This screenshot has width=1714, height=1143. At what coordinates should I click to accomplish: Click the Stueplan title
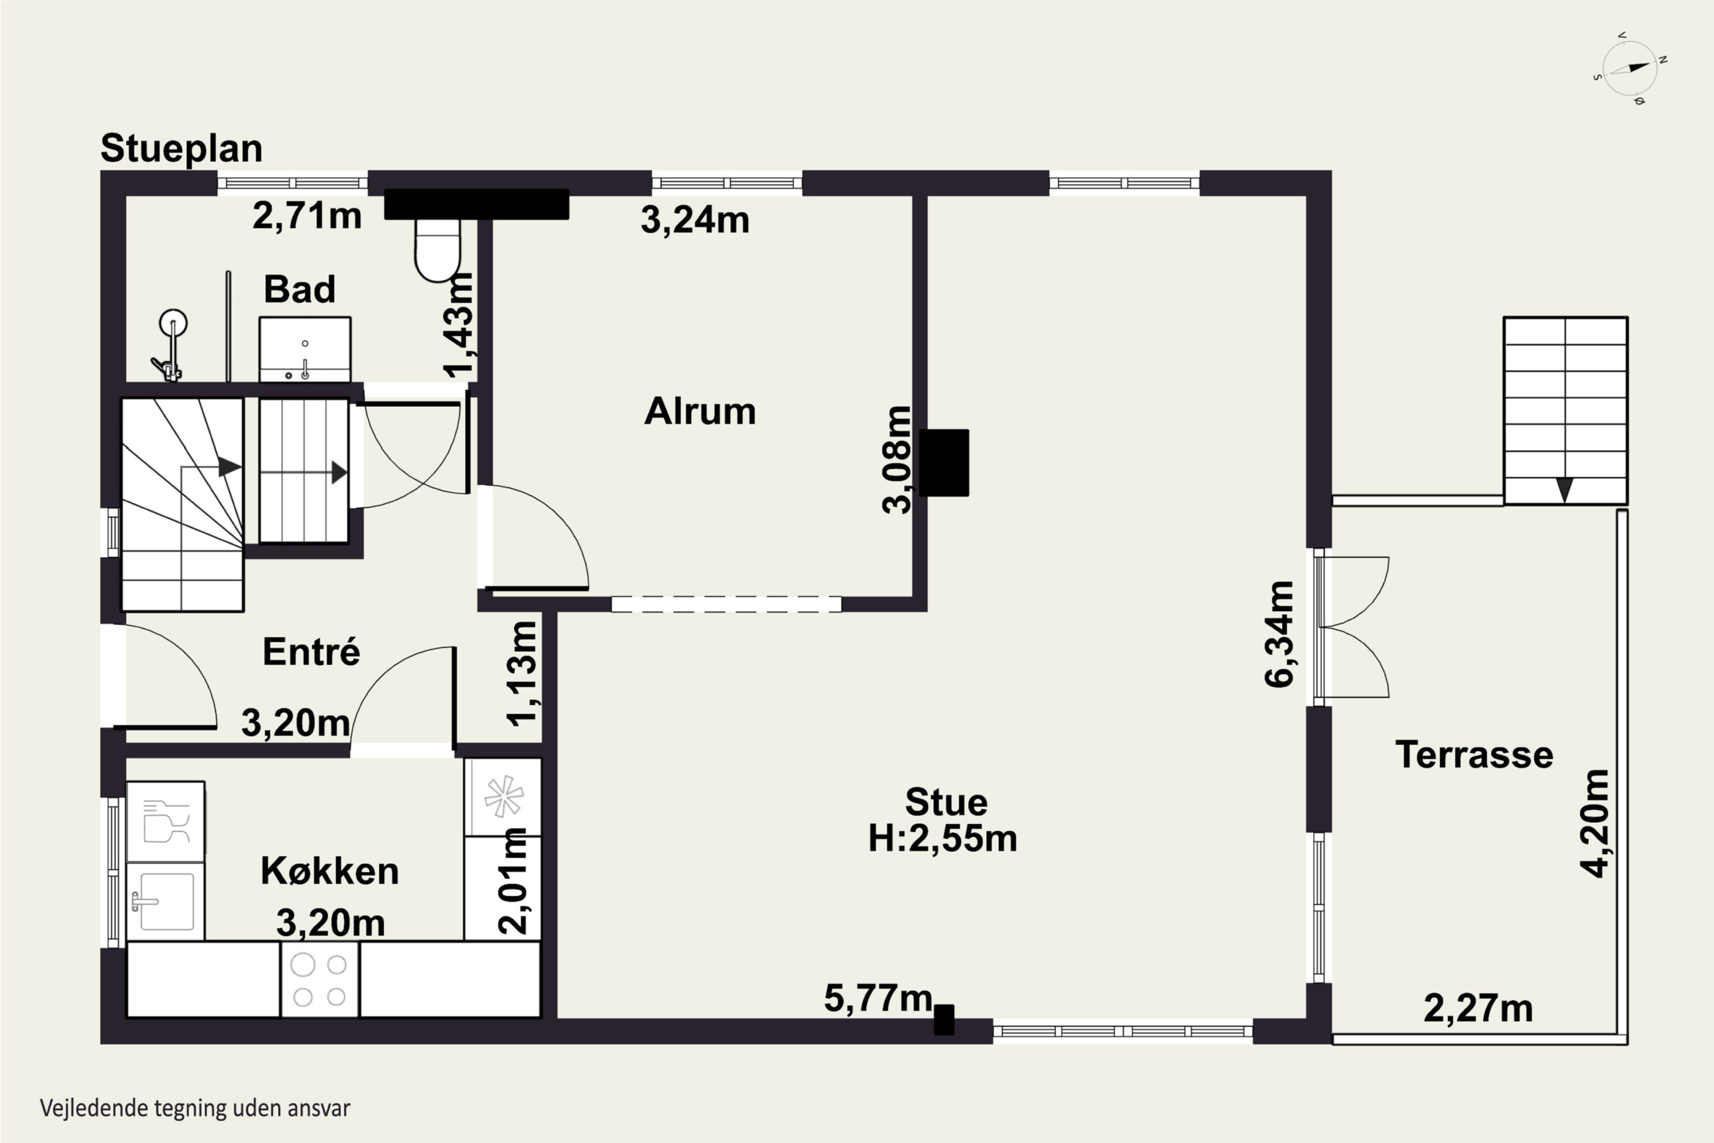tap(182, 149)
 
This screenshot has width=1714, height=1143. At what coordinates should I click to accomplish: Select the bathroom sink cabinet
tap(305, 349)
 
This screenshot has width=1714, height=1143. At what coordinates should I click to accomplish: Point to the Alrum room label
tap(699, 411)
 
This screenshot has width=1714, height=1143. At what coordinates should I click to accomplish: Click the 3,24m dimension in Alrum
tap(695, 219)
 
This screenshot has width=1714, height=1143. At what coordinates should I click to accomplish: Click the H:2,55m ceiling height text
tap(942, 838)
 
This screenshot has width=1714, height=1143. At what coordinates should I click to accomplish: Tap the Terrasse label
tap(1474, 754)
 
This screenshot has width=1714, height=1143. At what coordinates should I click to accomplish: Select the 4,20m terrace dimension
tap(1594, 823)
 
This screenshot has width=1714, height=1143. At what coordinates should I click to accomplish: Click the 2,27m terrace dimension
tap(1479, 1009)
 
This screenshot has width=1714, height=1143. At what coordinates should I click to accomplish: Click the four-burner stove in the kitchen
tap(319, 980)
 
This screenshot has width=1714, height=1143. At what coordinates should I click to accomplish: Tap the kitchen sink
tap(166, 902)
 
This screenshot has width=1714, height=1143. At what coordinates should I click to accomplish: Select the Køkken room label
tap(330, 871)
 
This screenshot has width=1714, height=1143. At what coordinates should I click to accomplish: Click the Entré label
tap(311, 651)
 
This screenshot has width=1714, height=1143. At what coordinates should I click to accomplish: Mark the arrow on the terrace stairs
tap(1565, 489)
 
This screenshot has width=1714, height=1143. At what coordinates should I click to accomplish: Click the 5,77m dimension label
tap(878, 998)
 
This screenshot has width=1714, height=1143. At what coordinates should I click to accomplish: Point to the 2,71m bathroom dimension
tap(307, 216)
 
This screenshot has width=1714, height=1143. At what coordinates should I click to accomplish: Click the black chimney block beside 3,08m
tap(944, 463)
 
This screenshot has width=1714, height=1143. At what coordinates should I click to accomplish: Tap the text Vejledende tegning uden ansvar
tap(195, 1109)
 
